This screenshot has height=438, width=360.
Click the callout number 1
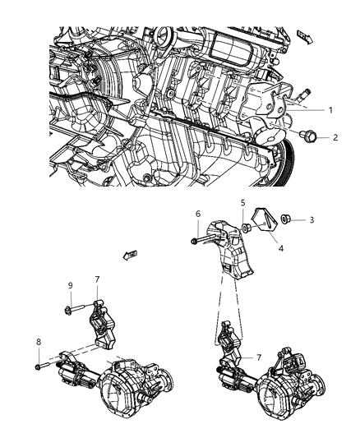coord(330,109)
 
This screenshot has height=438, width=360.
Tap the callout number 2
coord(335,139)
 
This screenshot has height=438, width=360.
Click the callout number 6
coord(197,213)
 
